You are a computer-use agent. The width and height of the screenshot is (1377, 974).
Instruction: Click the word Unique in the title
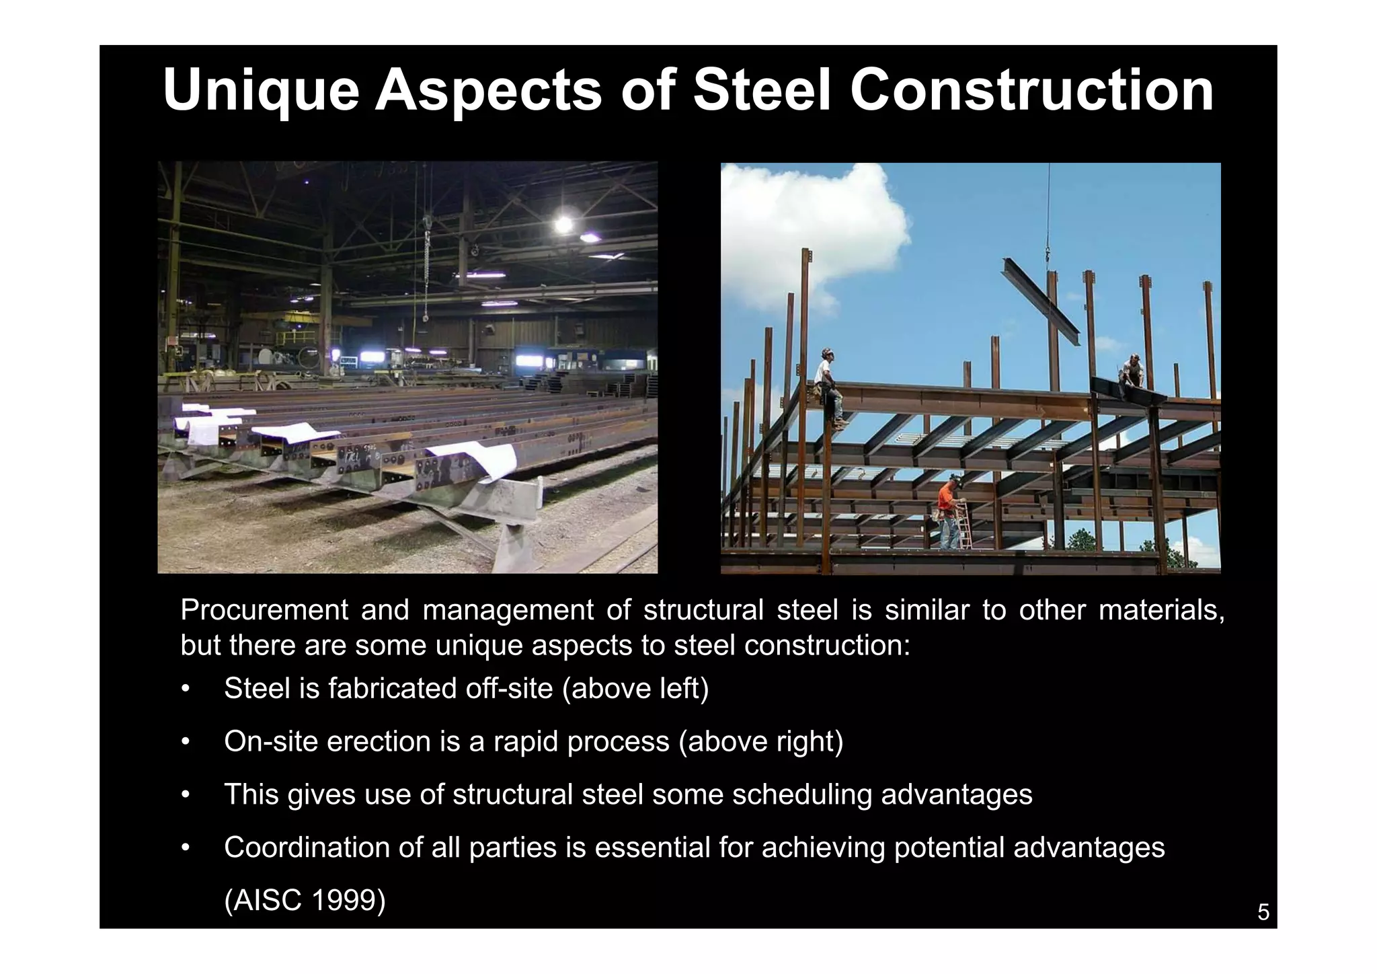pyautogui.click(x=261, y=91)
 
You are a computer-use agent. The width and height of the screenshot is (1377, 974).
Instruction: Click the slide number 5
pyautogui.click(x=1263, y=912)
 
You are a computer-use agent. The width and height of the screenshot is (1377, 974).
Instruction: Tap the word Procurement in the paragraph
pyautogui.click(x=264, y=610)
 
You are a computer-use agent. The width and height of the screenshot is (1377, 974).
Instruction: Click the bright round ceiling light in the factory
pyautogui.click(x=563, y=224)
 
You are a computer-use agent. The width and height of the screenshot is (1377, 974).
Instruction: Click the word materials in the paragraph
pyautogui.click(x=1161, y=610)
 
